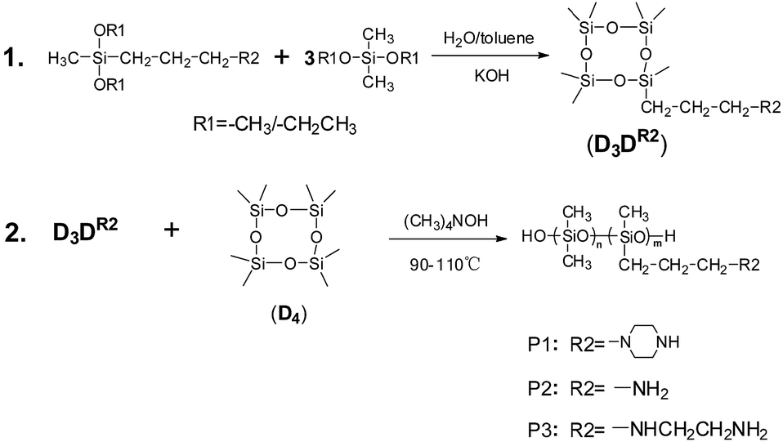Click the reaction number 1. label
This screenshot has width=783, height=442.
(19, 59)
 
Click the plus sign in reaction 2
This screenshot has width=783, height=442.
(172, 230)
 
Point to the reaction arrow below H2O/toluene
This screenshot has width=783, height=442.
(489, 56)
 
